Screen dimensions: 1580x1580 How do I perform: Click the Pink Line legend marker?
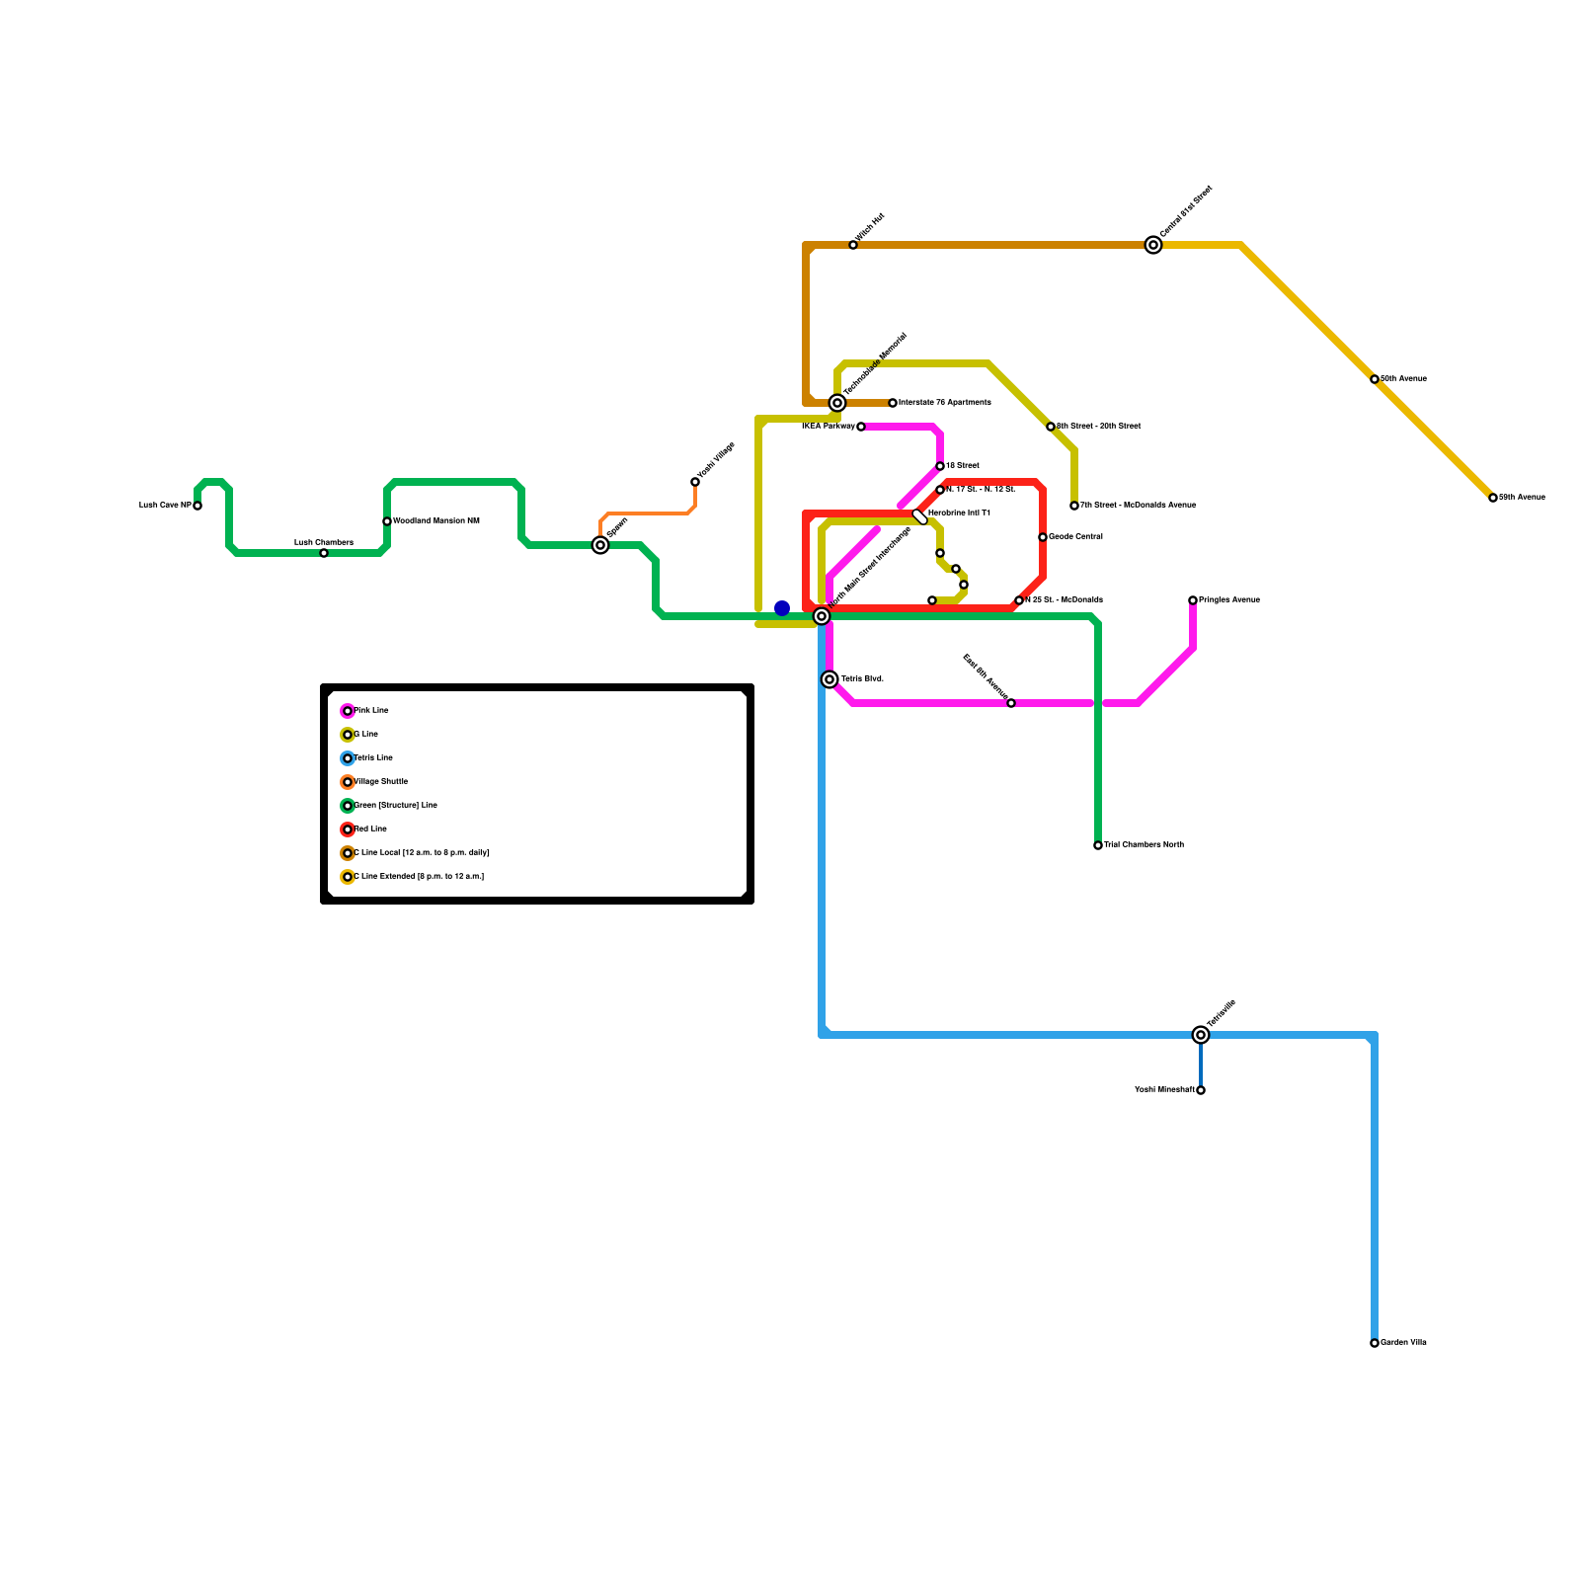click(348, 711)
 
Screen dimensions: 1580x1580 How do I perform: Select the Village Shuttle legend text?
click(381, 781)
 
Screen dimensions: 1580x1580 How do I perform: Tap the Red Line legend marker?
click(348, 829)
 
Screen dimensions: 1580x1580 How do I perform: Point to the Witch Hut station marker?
click(853, 245)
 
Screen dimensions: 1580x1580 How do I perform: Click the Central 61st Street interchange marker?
click(1153, 245)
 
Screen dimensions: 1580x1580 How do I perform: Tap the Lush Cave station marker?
click(197, 506)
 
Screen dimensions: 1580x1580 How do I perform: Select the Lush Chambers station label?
click(323, 542)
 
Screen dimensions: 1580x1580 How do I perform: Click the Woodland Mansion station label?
click(436, 520)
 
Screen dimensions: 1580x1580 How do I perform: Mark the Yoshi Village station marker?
click(695, 482)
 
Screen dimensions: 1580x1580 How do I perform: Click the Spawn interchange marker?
click(600, 545)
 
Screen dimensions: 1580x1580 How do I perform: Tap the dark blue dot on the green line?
click(782, 608)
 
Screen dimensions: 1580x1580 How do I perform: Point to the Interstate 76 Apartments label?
click(944, 402)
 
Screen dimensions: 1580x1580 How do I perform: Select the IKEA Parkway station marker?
click(861, 427)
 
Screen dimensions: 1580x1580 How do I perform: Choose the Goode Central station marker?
click(1043, 537)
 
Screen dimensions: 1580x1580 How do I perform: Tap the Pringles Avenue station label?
click(1229, 599)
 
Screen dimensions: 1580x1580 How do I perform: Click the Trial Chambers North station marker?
click(1098, 845)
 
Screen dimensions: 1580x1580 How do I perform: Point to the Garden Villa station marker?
click(1375, 1343)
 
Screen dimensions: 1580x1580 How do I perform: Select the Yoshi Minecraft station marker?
click(1201, 1090)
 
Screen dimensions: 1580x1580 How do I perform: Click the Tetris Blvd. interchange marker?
click(829, 679)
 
